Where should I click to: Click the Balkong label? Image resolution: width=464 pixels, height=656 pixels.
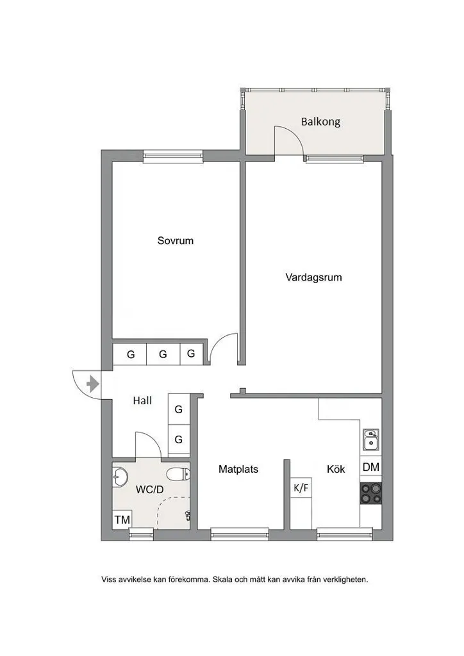320,122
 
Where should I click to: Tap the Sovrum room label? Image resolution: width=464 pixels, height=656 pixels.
176,241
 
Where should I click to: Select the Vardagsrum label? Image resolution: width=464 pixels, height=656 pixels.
313,277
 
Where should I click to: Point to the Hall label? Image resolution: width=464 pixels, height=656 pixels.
142,401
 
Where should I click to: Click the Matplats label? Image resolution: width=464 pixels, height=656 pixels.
238,470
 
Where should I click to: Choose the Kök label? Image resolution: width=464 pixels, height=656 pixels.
336,469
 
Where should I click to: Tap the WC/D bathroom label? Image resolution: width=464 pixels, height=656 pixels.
149,489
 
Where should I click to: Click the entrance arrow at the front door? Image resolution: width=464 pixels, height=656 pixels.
92,384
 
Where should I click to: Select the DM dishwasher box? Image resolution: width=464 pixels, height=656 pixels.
370,467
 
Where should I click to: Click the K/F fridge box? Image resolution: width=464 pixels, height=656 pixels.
301,488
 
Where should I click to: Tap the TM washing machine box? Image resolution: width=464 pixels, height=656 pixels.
122,520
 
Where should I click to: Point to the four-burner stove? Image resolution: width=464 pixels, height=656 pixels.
370,493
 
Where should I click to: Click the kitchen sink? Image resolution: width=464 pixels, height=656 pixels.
370,439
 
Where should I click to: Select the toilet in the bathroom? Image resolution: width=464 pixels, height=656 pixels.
178,474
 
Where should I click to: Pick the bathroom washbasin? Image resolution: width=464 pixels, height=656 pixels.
120,477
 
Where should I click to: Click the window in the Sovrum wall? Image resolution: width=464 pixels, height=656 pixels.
172,156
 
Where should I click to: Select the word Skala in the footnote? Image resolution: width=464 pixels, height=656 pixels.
222,580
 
